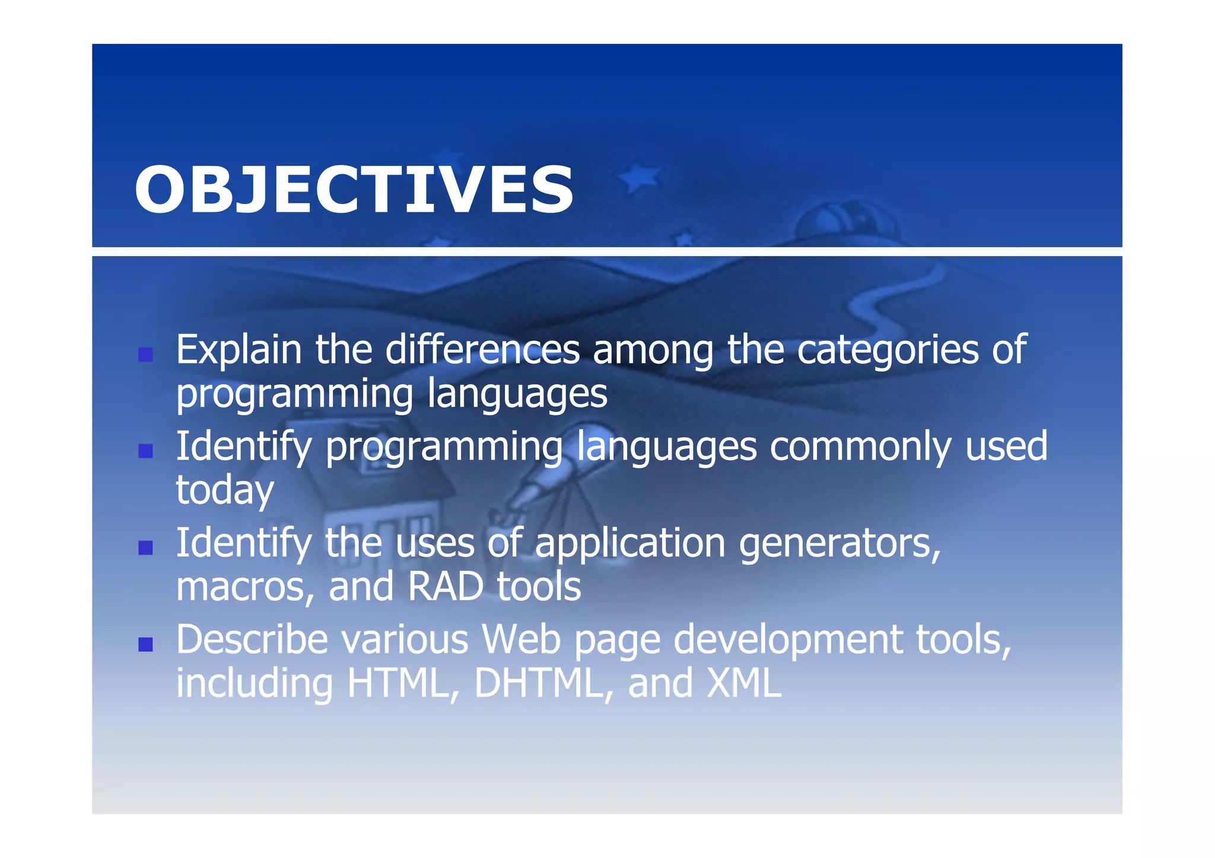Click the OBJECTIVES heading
[354, 190]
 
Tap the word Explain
[238, 350]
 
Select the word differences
[482, 350]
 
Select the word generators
[839, 544]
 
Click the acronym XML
[744, 684]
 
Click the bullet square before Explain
[145, 355]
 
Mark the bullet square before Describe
[145, 645]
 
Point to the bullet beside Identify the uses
[145, 548]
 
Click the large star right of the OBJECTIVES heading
[640, 178]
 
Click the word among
[653, 351]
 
